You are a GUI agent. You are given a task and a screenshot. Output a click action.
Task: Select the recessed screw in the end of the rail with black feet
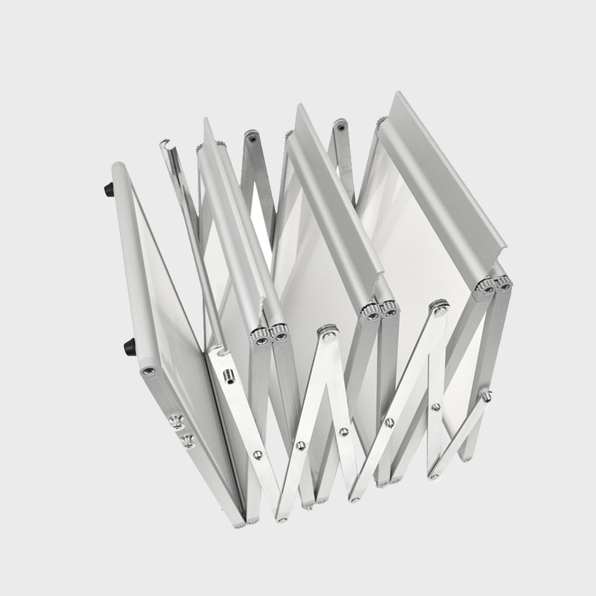point(148,371)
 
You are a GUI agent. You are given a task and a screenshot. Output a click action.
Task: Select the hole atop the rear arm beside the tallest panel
point(340,126)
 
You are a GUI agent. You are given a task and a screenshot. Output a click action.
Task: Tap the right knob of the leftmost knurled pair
point(279,336)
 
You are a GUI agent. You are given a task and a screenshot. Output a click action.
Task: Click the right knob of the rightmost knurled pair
point(502,286)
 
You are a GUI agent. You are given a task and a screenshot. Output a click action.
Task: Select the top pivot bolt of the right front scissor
point(440,308)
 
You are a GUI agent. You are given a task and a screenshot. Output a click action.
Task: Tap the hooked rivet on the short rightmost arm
point(488,396)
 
